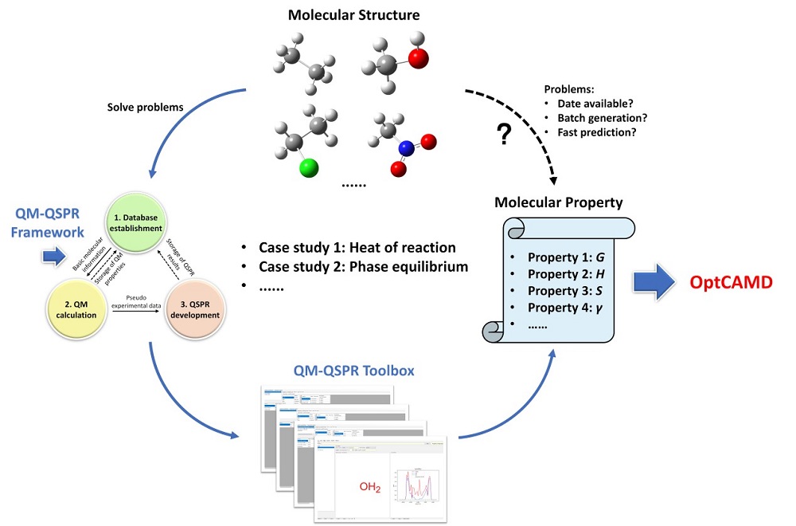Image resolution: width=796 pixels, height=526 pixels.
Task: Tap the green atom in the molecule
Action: [308, 167]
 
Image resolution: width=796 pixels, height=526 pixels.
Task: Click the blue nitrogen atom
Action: [407, 148]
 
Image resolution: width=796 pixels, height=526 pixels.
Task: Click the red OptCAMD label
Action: [730, 283]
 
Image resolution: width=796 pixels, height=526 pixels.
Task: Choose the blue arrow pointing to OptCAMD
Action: [658, 283]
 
